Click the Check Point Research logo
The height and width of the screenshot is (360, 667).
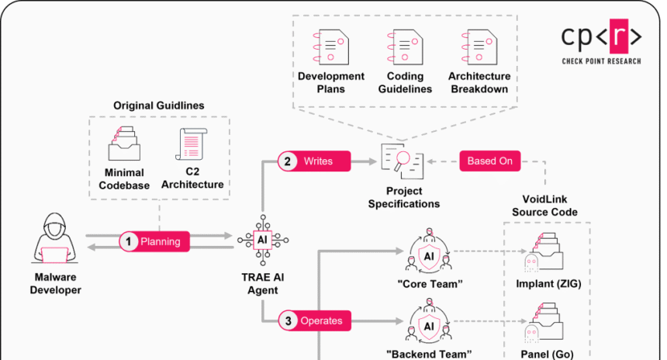coord(601,43)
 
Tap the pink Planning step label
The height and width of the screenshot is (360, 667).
coord(160,242)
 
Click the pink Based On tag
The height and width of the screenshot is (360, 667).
coord(489,161)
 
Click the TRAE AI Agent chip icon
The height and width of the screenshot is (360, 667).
coord(262,241)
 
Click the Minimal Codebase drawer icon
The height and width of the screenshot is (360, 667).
coord(124,144)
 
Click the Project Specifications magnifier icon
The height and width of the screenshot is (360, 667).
coord(403,161)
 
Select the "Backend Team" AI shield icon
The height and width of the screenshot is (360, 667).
coord(428,326)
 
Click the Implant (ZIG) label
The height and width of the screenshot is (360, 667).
coord(548,284)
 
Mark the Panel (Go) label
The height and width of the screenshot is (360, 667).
coord(548,354)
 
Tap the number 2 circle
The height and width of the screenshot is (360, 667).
coord(288,161)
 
